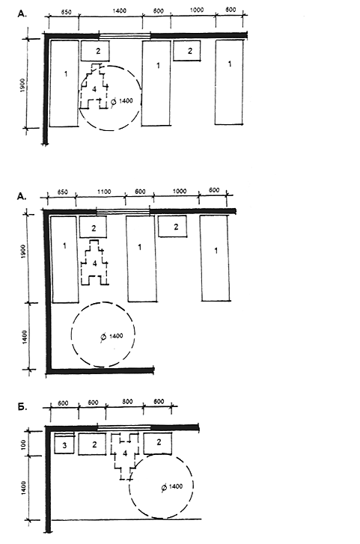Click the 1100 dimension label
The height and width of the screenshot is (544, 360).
click(x=104, y=192)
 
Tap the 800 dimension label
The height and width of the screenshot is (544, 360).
click(x=127, y=401)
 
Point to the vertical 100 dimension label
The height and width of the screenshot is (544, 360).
click(x=24, y=444)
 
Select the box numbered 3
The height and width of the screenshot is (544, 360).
click(x=64, y=444)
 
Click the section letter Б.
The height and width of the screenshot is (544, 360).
click(x=22, y=407)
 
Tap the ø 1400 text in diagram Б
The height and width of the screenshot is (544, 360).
click(x=172, y=487)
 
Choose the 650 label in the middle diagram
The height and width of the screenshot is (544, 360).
click(x=62, y=192)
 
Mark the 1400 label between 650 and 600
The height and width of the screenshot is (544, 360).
click(x=120, y=11)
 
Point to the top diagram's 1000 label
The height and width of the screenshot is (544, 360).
click(x=197, y=10)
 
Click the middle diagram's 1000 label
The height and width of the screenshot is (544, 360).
click(x=180, y=191)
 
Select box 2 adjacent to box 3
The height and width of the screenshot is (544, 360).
click(x=92, y=444)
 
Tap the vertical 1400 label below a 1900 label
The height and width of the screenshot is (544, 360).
click(x=24, y=337)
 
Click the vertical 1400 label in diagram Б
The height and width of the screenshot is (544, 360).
click(x=24, y=488)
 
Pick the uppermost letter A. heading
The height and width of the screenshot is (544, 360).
click(x=22, y=14)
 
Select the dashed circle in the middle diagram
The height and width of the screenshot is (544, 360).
click(x=71, y=334)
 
